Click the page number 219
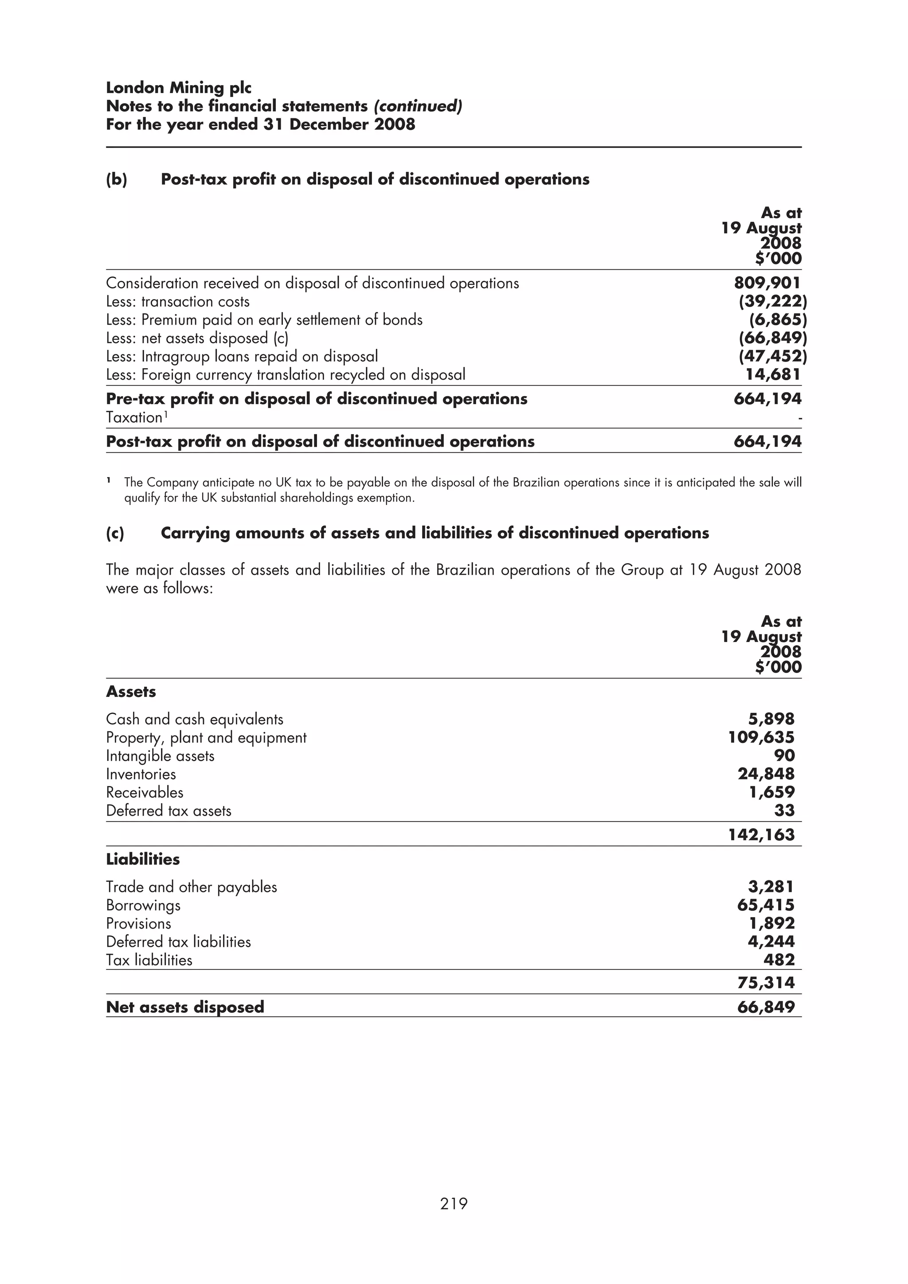pos(454,1203)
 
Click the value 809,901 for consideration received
pos(767,283)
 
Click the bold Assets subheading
pos(131,691)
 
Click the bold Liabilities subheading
pos(143,859)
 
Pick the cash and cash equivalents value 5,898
pos(771,719)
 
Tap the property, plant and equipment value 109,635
pos(761,737)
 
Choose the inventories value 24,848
pos(766,774)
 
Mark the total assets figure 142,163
pos(761,834)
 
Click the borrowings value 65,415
pos(766,905)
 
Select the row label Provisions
pos(139,923)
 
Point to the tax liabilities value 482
pos(779,960)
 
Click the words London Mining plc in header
pos(179,88)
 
